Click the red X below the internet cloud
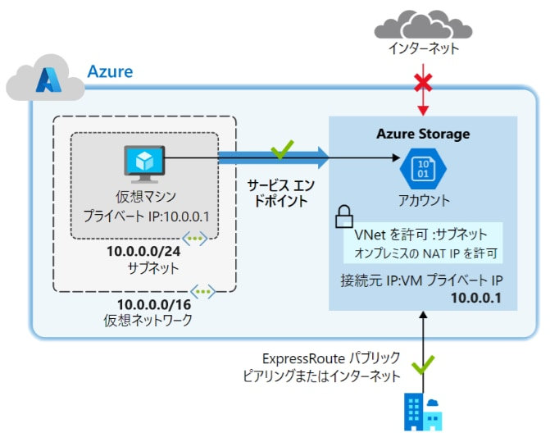423,83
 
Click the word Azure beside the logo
110,72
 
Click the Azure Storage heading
423,134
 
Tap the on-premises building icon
423,412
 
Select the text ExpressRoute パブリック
331,359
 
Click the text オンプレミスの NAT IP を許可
428,253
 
